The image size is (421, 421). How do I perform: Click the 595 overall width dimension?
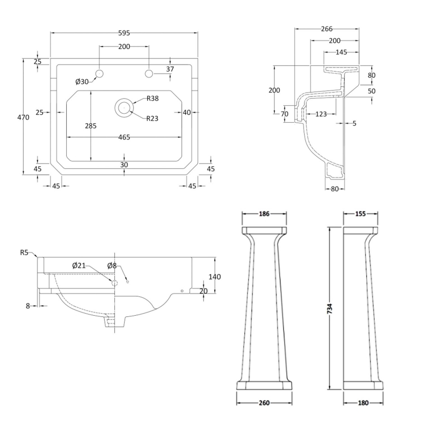[124, 33]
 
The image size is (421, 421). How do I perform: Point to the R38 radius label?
[153, 98]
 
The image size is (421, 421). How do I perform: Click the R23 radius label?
[153, 118]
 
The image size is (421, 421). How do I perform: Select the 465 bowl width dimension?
[124, 137]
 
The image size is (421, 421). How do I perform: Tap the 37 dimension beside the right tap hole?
[169, 69]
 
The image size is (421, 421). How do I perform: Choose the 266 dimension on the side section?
[326, 29]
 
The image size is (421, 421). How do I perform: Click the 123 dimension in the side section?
[320, 114]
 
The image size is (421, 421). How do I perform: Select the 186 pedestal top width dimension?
[264, 214]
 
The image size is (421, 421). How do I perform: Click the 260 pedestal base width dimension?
[264, 403]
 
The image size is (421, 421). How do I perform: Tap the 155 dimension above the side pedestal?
[360, 214]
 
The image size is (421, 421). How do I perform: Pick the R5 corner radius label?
[24, 253]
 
